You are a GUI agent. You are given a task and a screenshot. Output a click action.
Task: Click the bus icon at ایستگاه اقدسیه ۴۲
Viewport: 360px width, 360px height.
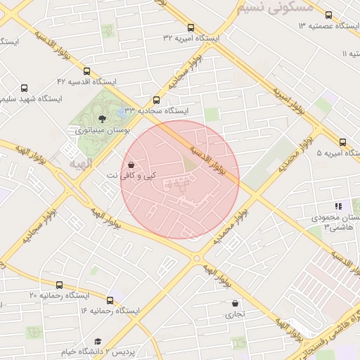pyautogui.click(x=86, y=71)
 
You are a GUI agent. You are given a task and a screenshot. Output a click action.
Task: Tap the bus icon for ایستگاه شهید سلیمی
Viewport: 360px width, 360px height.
pyautogui.click(x=25, y=89)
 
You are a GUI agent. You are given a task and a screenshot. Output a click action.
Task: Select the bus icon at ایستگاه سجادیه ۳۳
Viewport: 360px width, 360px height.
pyautogui.click(x=156, y=100)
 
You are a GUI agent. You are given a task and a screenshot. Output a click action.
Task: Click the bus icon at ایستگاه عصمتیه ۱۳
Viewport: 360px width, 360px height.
pyautogui.click(x=328, y=15)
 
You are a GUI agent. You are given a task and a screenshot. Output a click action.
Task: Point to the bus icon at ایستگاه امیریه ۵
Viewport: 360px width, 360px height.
pyautogui.click(x=342, y=142)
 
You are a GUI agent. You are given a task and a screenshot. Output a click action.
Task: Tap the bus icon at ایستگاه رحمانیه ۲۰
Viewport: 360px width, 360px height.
pyautogui.click(x=59, y=285)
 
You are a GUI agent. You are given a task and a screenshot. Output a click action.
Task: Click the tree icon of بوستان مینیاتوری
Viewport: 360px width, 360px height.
pyautogui.click(x=103, y=118)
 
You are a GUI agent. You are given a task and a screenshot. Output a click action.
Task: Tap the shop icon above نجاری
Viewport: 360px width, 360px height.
pyautogui.click(x=235, y=303)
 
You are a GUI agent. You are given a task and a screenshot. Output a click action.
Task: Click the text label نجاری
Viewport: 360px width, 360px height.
pyautogui.click(x=235, y=314)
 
